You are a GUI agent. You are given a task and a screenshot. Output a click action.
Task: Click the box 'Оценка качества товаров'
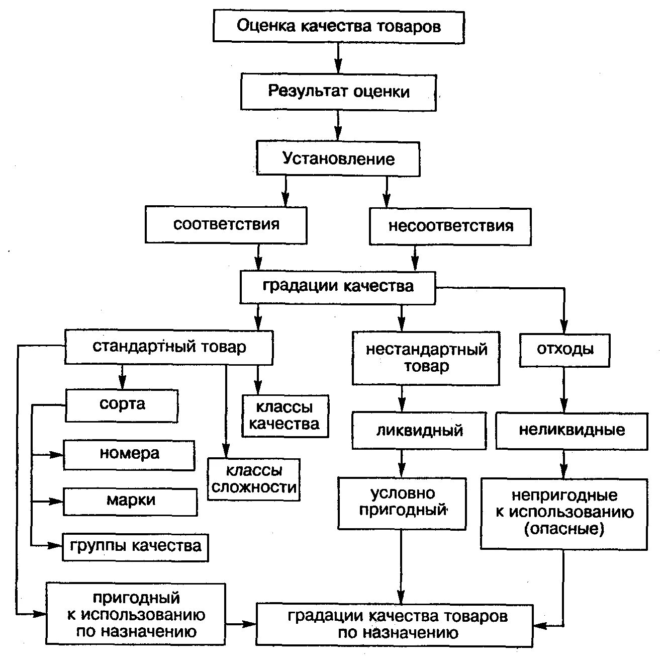click(x=338, y=26)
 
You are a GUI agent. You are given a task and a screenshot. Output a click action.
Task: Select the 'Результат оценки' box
click(x=338, y=92)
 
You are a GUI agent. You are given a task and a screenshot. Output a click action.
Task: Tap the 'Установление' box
click(x=338, y=158)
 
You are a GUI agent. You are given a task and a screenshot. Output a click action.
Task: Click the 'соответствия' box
click(x=226, y=224)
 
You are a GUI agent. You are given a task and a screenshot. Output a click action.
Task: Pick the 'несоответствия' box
click(x=450, y=226)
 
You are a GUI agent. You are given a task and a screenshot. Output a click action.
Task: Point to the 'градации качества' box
click(x=338, y=287)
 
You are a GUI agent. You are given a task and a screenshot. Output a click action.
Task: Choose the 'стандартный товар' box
click(x=169, y=348)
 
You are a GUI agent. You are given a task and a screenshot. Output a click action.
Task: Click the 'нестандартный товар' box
click(x=426, y=358)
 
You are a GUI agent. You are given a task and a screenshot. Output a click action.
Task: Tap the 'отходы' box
click(x=564, y=350)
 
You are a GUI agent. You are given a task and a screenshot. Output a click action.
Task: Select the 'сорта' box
click(x=122, y=405)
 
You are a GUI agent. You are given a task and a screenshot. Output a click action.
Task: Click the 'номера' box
click(x=129, y=455)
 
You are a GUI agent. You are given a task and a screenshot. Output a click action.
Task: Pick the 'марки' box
click(x=130, y=501)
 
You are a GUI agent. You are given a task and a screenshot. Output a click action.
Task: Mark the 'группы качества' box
click(x=135, y=546)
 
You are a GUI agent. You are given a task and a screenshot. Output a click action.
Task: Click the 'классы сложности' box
click(x=254, y=479)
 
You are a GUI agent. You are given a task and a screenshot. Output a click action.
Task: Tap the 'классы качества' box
click(x=284, y=416)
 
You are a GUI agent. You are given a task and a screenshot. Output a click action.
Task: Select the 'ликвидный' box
click(x=419, y=431)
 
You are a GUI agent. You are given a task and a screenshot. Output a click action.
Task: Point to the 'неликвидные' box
click(x=572, y=431)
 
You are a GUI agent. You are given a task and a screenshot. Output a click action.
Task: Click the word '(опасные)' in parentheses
click(x=564, y=529)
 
